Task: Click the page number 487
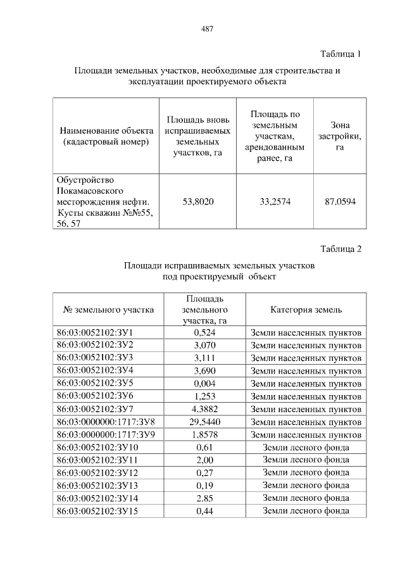207,28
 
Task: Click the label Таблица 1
340,54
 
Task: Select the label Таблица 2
340,248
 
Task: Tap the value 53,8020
198,202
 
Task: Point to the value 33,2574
275,202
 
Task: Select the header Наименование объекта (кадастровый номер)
106,136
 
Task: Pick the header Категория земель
306,310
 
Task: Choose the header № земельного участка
109,310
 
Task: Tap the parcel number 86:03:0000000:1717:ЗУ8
106,422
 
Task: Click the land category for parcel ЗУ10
306,447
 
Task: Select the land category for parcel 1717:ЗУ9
306,434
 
